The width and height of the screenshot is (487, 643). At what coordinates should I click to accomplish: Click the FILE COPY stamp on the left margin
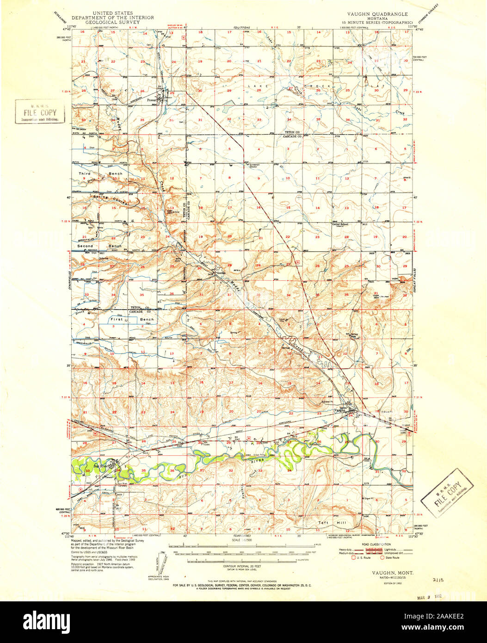click(40, 112)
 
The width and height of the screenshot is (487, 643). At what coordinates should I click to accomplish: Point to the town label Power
click(151, 99)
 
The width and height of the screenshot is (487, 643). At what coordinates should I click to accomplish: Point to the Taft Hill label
click(332, 523)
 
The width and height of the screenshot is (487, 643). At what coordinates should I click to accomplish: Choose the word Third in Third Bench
click(85, 173)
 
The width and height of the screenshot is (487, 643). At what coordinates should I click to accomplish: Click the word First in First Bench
click(116, 320)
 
